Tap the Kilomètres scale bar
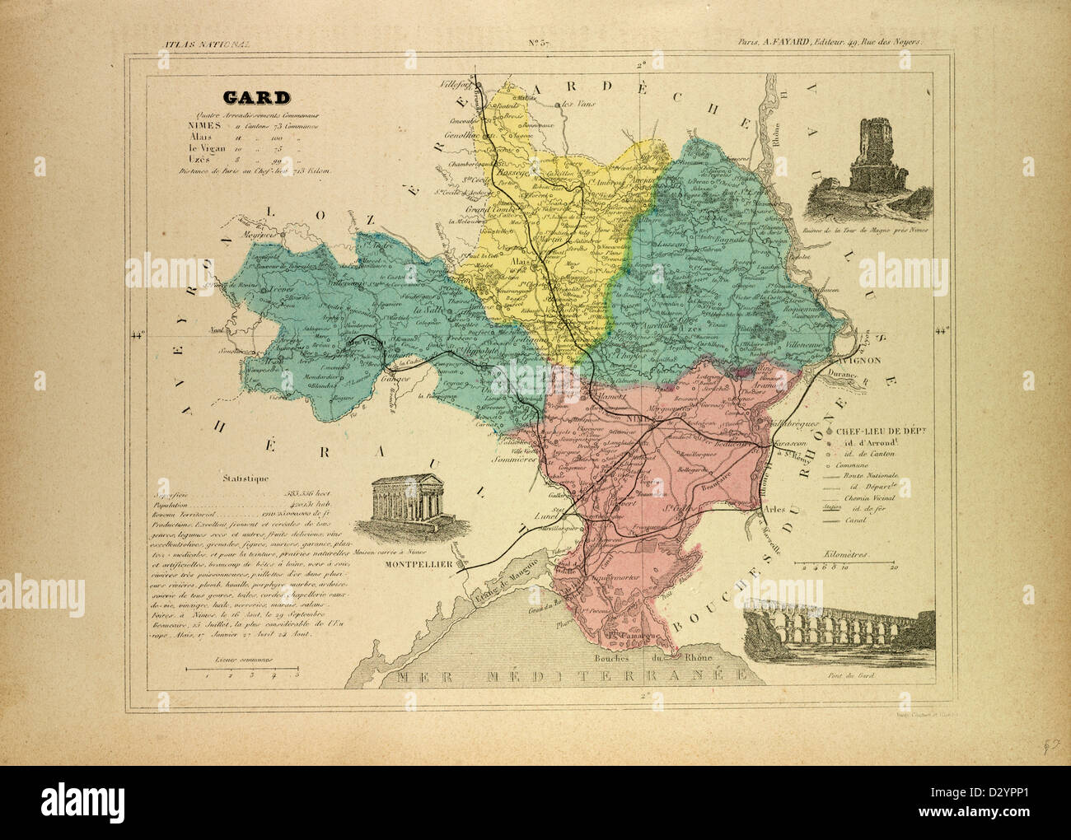844,564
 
